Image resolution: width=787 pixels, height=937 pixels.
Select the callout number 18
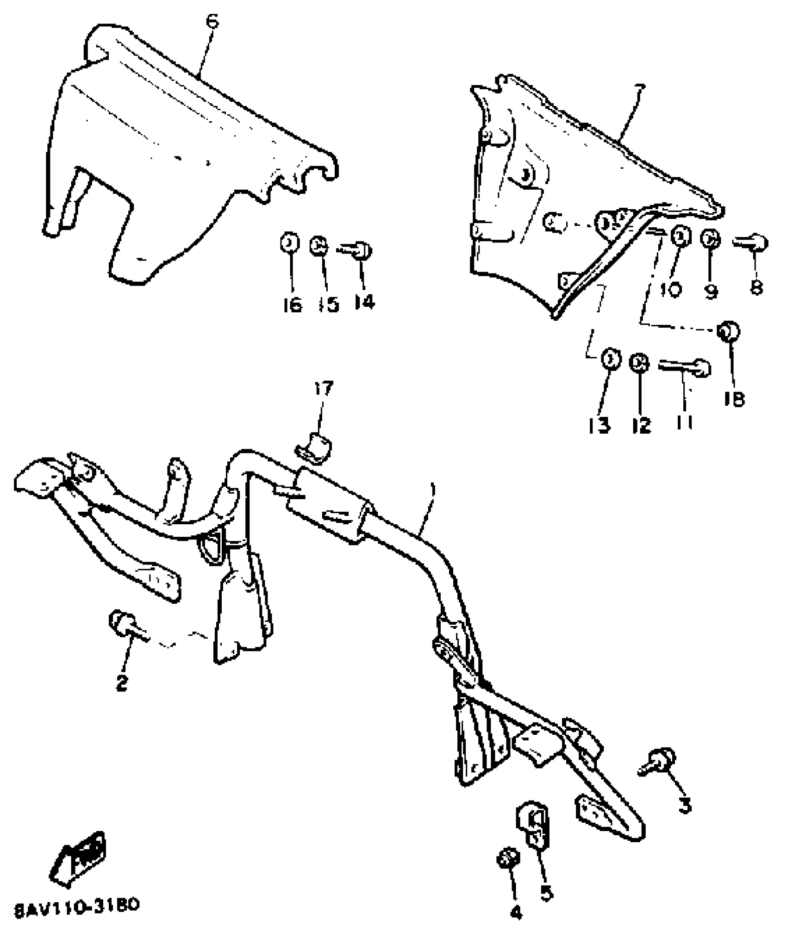735,399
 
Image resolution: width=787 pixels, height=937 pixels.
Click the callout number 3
685,806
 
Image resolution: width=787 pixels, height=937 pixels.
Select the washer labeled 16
289,244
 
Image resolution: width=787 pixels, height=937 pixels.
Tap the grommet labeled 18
728,331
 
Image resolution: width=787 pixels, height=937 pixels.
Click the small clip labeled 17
315,447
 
